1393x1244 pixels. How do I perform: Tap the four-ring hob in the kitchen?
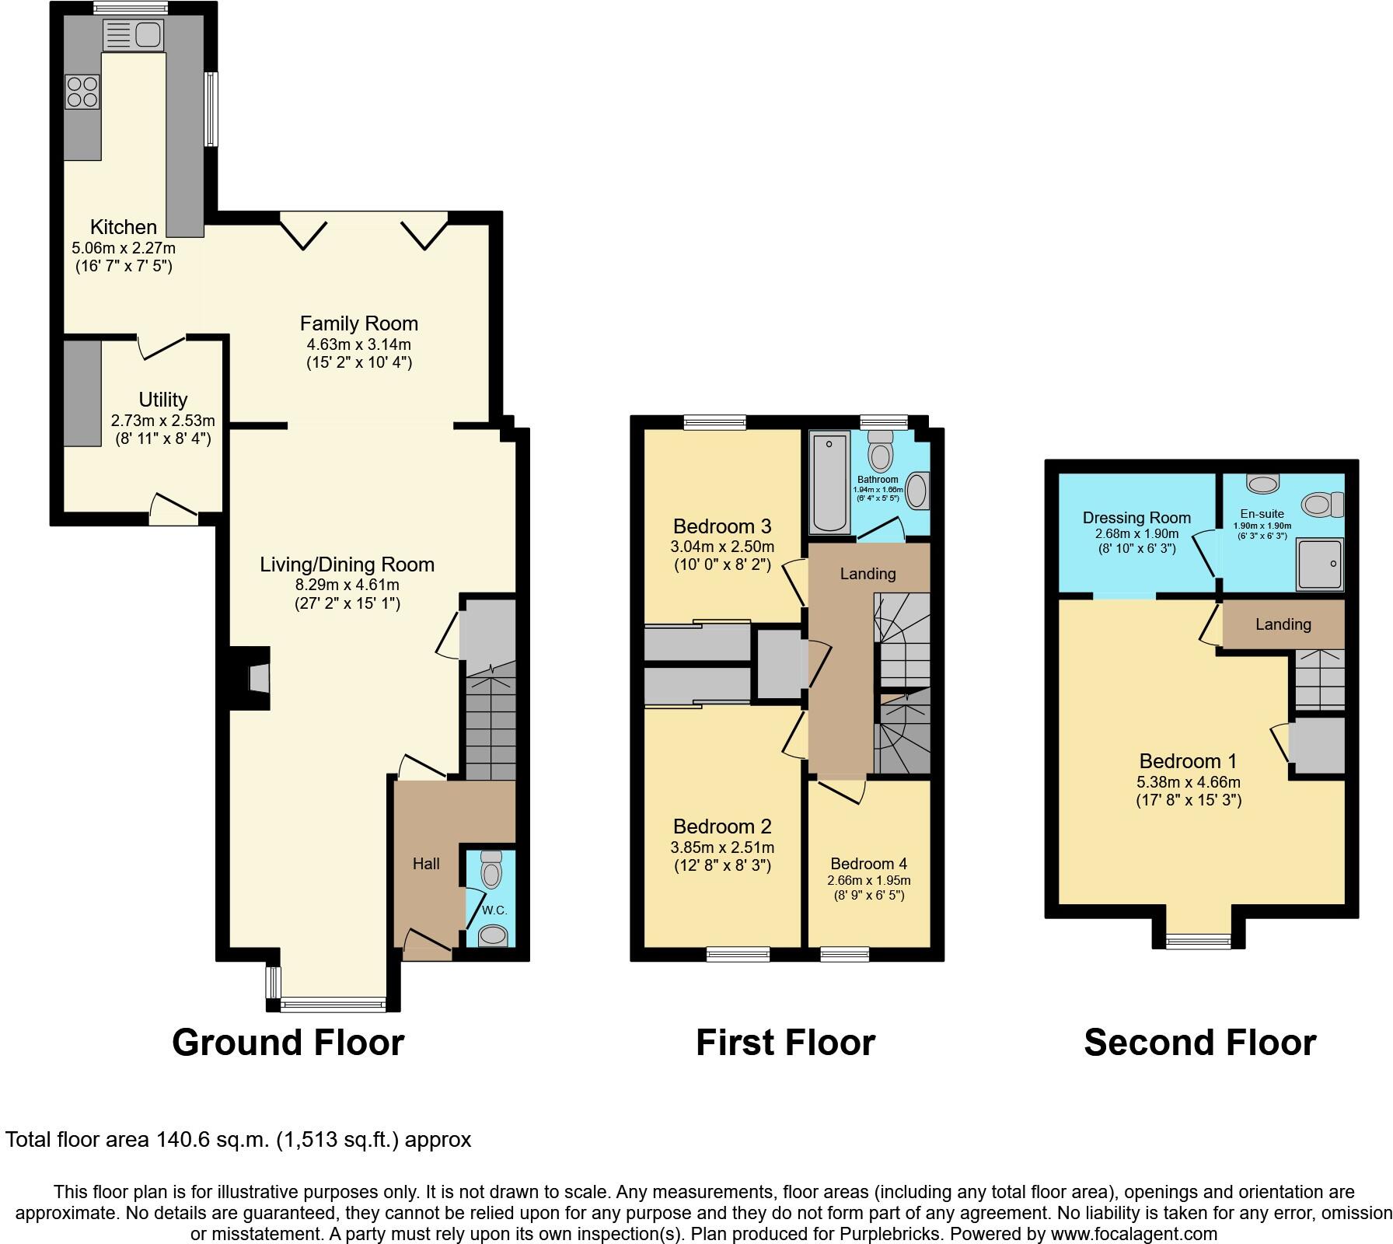pos(82,91)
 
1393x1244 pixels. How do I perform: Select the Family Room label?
pos(358,323)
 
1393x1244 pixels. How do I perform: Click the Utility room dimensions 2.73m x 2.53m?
pos(162,421)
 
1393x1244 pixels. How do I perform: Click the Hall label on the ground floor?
pos(426,864)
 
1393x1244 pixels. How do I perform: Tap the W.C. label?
pos(494,910)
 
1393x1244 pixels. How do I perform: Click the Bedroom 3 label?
pos(722,526)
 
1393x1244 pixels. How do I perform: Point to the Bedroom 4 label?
pos(868,864)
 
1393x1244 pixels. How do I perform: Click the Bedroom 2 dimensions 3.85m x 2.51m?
pos(722,847)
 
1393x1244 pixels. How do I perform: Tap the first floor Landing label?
pos(868,574)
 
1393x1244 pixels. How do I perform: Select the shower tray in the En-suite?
pos(1319,563)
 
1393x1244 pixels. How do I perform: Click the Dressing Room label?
pos(1136,518)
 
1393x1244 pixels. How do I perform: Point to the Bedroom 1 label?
pos(1188,761)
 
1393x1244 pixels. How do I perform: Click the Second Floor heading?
pos(1199,1043)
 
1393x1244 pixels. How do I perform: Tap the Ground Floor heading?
pos(288,1043)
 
